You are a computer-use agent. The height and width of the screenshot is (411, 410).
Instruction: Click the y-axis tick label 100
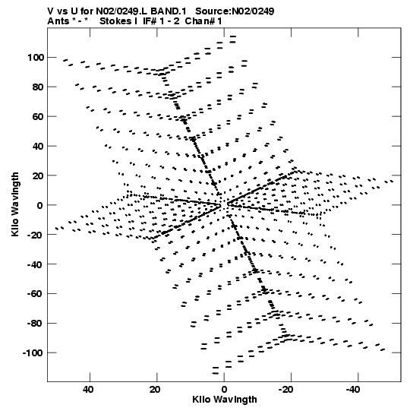[x=36, y=57]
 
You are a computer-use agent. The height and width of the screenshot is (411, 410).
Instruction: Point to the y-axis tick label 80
[x=38, y=87]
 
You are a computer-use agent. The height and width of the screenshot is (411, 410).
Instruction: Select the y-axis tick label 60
[x=38, y=116]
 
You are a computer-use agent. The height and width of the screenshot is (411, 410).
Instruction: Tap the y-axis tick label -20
[x=36, y=235]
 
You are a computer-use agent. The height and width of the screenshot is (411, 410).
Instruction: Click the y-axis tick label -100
[x=33, y=353]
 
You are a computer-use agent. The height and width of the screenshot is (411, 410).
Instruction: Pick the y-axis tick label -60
[x=36, y=294]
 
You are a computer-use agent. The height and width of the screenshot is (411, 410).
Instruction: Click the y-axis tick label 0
[x=39, y=205]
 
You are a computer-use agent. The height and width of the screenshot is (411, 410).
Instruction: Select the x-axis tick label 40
[x=88, y=390]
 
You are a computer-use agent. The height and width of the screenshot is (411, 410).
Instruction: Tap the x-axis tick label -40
[x=353, y=390]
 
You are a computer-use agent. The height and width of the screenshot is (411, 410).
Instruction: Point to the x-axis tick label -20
[x=286, y=390]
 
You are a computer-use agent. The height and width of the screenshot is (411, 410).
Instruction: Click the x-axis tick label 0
[x=224, y=390]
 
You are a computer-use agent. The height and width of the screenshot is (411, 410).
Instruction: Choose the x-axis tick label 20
[x=155, y=390]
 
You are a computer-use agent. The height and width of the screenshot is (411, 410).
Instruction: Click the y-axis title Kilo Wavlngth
[x=15, y=204]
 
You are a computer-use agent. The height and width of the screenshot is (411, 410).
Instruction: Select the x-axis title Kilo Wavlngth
[x=225, y=400]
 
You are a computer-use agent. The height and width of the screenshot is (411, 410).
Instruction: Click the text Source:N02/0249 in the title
[x=235, y=11]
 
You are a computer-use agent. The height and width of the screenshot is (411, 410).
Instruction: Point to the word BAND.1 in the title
[x=169, y=11]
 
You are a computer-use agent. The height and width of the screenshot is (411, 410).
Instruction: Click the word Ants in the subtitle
[x=58, y=21]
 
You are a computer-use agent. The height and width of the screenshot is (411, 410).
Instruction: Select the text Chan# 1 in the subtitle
[x=203, y=21]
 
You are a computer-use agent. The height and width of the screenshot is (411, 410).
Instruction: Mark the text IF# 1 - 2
[x=162, y=21]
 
